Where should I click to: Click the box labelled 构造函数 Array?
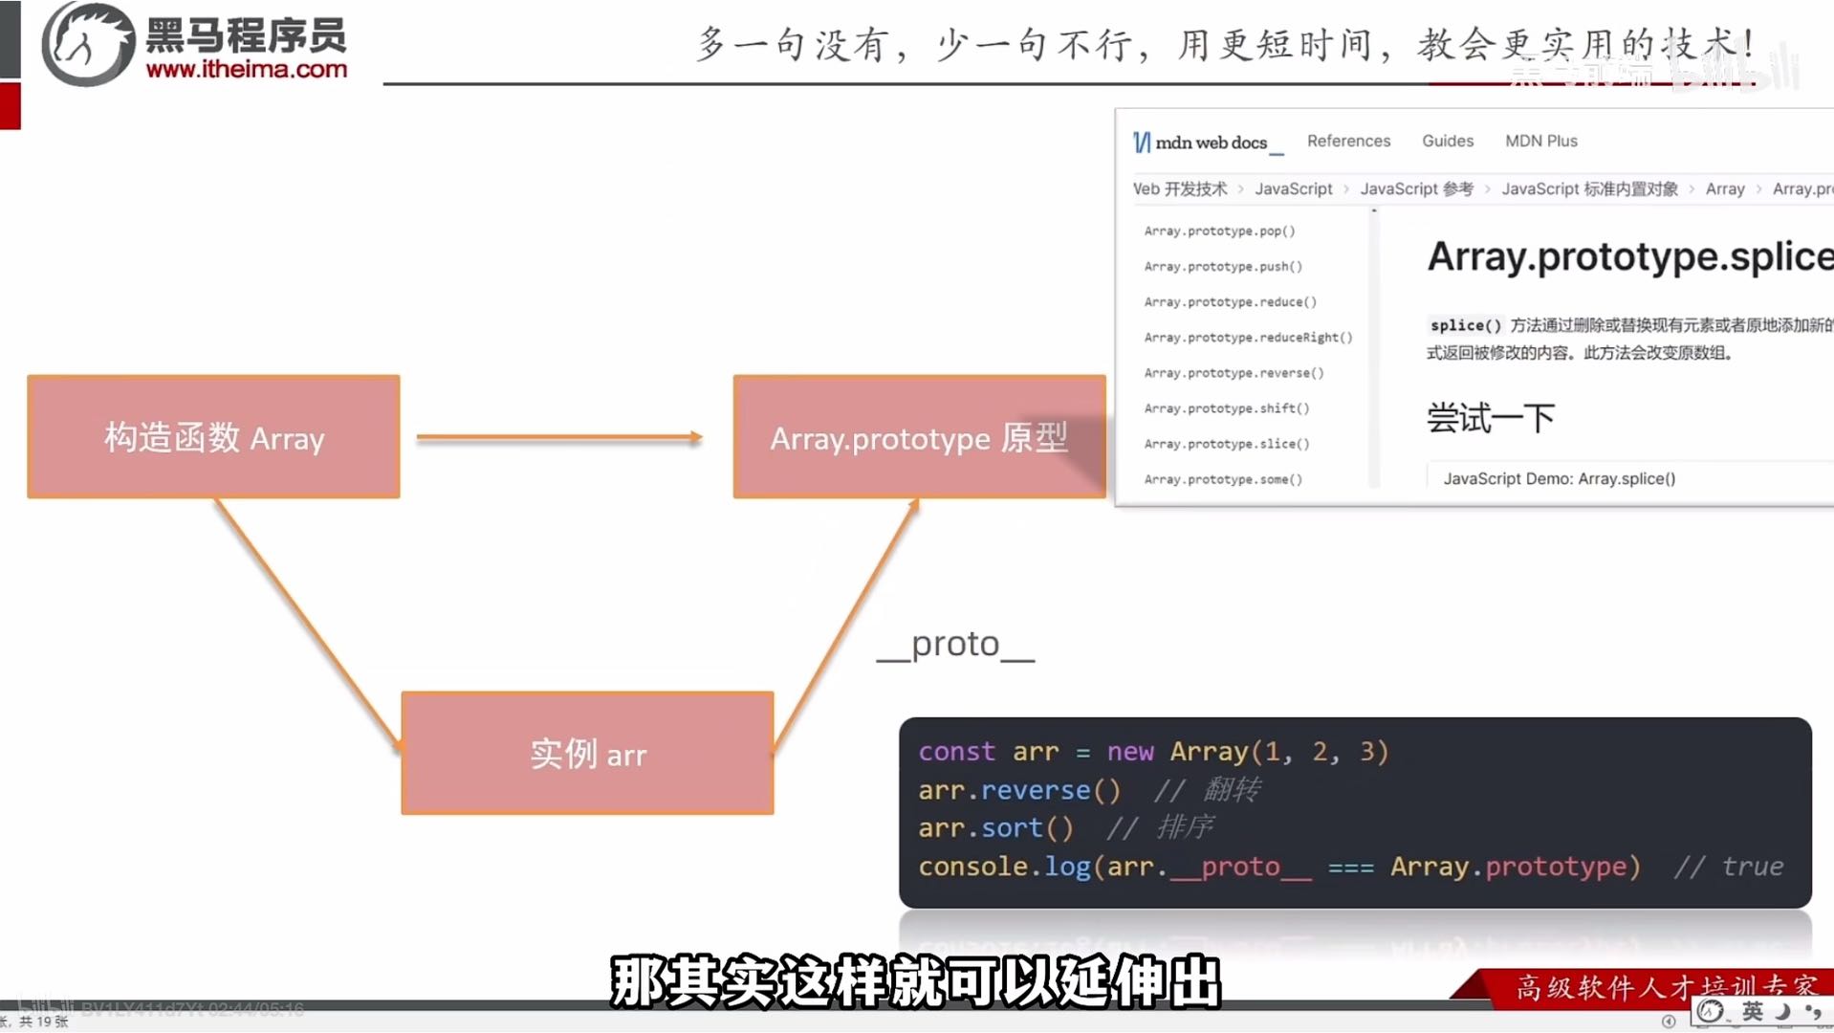point(213,437)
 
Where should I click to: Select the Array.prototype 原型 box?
point(918,437)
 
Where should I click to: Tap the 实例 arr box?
point(587,754)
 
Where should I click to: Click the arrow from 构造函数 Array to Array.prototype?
point(559,438)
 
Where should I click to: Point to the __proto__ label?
point(955,645)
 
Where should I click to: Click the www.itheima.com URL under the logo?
point(247,69)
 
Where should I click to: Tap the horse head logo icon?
point(87,44)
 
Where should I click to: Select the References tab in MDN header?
point(1348,141)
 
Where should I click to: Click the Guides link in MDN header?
point(1447,141)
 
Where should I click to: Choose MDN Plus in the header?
point(1540,141)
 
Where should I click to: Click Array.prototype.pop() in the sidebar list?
point(1219,231)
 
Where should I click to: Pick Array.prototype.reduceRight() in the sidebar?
point(1248,338)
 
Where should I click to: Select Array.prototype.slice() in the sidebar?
point(1227,444)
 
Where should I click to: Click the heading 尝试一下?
point(1490,418)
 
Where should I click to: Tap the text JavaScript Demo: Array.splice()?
point(1559,478)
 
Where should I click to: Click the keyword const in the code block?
point(956,752)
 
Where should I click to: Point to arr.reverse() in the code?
point(1018,790)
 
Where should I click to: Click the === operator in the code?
point(1350,868)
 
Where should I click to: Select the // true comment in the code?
point(1728,867)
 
